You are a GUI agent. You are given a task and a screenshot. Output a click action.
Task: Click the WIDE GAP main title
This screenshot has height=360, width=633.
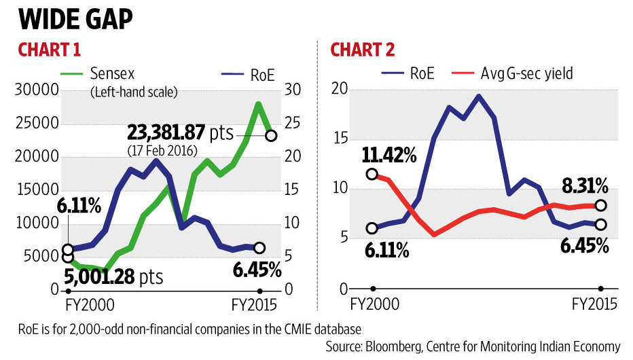click(x=75, y=19)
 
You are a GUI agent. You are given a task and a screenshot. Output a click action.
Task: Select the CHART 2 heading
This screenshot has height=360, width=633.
click(x=363, y=51)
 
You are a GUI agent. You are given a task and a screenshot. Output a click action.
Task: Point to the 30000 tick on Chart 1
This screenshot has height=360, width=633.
click(x=40, y=92)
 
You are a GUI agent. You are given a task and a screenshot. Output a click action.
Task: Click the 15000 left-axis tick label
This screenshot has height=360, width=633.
click(x=40, y=192)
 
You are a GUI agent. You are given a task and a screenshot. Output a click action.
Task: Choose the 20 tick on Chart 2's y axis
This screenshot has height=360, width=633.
click(x=340, y=90)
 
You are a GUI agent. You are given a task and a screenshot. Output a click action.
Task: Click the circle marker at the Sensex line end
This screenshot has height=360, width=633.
click(x=271, y=136)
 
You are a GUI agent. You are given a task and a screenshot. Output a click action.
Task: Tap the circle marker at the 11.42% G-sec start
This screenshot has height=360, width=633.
click(x=372, y=175)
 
